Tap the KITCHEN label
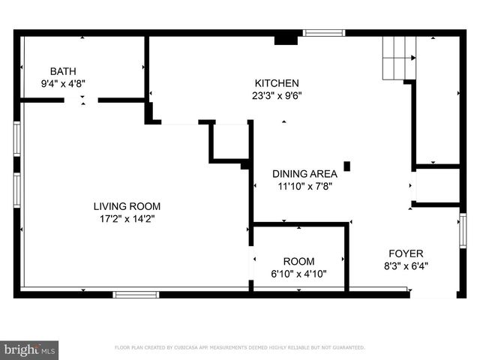pos(277,83)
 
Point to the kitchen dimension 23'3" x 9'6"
pos(277,95)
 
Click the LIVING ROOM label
pos(127,206)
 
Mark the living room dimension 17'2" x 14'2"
pos(127,218)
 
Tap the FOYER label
pos(405,253)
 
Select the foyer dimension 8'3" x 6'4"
pos(405,265)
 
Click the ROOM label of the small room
pos(298,261)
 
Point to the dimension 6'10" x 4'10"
pos(298,274)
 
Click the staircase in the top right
pos(399,58)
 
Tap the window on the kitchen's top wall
pos(324,32)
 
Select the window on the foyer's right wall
pos(463,230)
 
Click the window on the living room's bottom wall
pos(136,294)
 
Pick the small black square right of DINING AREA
pos(347,166)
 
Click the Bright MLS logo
pos(30,349)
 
